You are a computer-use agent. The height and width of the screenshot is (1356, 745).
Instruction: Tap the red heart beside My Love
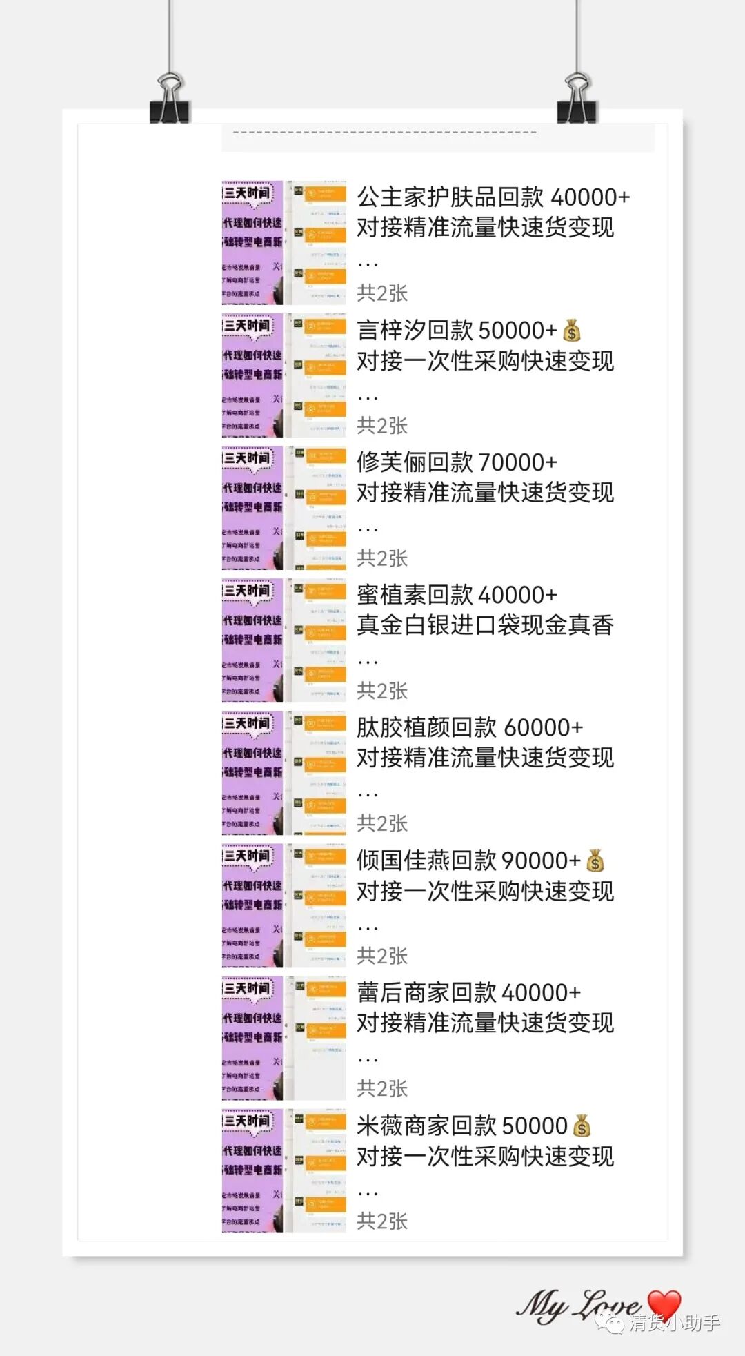664,1303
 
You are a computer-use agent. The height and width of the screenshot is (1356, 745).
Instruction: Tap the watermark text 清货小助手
674,1322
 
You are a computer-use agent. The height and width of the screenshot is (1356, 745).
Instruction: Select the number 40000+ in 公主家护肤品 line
590,197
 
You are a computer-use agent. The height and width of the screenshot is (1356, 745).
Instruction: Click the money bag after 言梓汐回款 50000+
572,331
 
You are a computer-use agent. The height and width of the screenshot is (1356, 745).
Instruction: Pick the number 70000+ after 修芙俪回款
517,462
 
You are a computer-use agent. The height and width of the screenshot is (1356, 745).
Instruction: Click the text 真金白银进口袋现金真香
485,625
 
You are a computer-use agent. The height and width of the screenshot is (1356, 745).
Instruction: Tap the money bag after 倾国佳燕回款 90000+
595,861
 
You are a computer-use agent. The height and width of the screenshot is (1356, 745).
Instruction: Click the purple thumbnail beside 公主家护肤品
252,243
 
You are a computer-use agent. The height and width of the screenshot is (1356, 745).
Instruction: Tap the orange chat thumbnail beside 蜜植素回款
317,640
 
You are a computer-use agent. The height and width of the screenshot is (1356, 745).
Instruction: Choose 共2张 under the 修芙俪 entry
382,558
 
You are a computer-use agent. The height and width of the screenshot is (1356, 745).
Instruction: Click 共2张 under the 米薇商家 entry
382,1221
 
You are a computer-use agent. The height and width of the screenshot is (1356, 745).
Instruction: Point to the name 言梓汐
391,331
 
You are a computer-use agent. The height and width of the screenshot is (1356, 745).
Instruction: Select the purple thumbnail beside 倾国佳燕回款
252,905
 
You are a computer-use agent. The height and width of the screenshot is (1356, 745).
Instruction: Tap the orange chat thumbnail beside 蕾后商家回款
317,1038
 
